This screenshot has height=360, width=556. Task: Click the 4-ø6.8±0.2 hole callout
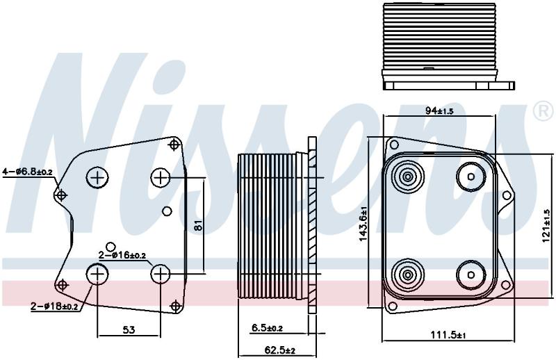point(27,172)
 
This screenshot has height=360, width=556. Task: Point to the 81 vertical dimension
point(199,225)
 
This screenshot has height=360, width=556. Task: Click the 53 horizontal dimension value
point(129,330)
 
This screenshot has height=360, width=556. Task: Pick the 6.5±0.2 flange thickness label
point(267,328)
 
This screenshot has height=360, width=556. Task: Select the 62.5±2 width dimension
point(280,350)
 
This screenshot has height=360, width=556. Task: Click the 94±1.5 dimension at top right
point(439,111)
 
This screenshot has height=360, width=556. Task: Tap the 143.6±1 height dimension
point(363,224)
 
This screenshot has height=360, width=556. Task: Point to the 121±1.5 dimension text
point(546,227)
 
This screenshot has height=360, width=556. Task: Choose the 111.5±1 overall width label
point(448,334)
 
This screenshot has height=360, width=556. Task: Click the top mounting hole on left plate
point(174,145)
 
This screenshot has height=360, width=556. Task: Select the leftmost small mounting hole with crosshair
point(61,195)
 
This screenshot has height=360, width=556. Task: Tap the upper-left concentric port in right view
point(408,177)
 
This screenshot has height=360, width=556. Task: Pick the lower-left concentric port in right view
point(408,275)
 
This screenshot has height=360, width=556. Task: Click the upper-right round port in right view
point(471,177)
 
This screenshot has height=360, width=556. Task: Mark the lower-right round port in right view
point(471,275)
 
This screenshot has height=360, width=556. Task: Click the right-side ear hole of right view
point(507,195)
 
